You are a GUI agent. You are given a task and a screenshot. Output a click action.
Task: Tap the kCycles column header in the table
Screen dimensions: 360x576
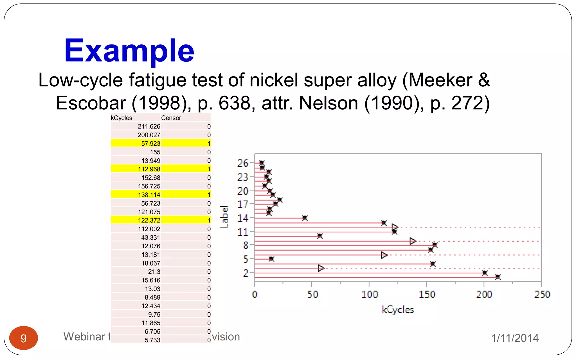click(121, 118)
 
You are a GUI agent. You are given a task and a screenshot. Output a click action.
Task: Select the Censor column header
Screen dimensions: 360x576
click(171, 118)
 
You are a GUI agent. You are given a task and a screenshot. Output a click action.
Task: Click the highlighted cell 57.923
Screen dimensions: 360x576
click(150, 143)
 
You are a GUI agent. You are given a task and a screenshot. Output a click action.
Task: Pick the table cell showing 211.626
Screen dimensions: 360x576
click(149, 127)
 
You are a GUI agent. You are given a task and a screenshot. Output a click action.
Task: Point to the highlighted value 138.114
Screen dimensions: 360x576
click(149, 195)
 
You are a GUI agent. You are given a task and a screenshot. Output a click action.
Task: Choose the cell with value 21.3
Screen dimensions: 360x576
click(154, 272)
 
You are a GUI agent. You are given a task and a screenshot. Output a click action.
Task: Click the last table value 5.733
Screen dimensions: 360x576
click(152, 340)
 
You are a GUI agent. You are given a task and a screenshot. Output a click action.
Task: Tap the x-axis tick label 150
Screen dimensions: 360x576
click(427, 294)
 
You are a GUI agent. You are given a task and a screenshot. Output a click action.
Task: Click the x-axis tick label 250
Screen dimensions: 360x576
click(542, 294)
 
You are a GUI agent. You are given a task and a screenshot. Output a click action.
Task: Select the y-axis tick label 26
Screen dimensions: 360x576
click(243, 163)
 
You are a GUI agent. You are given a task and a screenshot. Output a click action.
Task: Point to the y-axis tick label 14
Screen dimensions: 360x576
click(243, 218)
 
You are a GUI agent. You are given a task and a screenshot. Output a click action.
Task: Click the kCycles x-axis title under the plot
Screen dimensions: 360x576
click(398, 310)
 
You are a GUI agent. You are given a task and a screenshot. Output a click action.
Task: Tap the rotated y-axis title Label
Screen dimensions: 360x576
click(224, 217)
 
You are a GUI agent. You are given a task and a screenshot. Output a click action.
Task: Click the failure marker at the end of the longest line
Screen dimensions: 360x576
click(498, 277)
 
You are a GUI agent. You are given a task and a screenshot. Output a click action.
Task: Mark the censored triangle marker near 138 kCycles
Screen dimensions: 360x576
click(413, 241)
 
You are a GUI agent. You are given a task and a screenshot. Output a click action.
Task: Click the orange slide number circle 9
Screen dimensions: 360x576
click(24, 338)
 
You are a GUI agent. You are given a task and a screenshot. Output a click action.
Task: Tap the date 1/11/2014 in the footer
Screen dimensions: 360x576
click(515, 338)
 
